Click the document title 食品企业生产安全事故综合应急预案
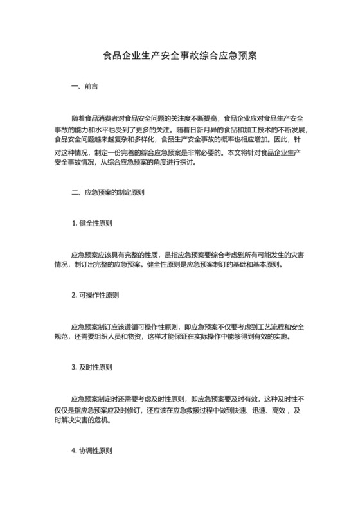[180, 55]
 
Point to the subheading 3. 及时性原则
[93, 368]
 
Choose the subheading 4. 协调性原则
[93, 451]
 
